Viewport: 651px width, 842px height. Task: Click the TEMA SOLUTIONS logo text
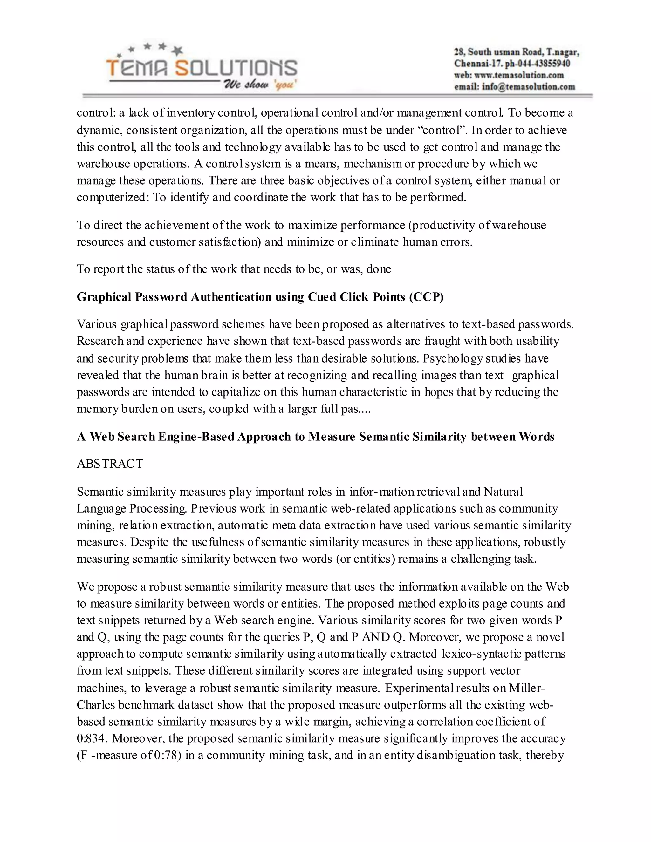tap(201, 68)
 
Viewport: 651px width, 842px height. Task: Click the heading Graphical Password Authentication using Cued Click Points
tap(260, 297)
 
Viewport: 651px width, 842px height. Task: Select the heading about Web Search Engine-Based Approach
tap(315, 437)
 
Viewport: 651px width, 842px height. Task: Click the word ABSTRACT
tap(110, 463)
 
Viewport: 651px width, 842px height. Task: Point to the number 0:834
tap(92, 738)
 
